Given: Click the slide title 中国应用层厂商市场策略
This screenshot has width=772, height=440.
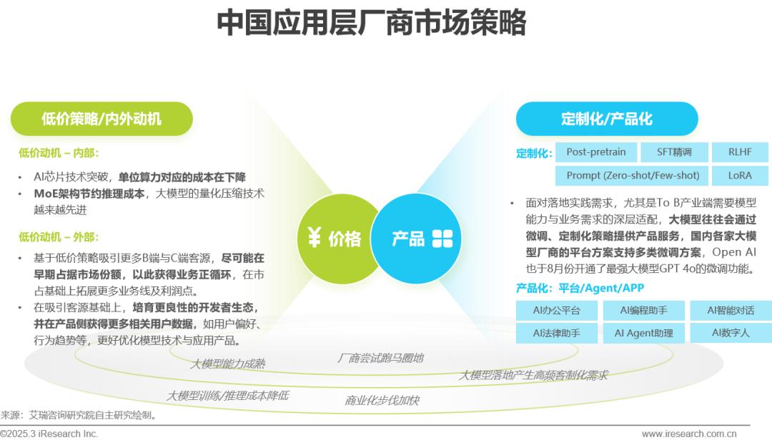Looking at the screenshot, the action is (x=371, y=22).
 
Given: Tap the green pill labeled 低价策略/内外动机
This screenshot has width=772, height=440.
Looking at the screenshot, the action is (x=102, y=119).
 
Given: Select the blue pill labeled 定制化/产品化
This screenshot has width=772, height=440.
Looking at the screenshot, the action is (x=607, y=119).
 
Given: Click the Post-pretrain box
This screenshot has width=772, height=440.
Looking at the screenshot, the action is (x=595, y=152).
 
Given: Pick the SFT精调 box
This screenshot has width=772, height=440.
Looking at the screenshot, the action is (x=674, y=152).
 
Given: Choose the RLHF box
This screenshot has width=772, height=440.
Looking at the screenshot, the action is (x=740, y=152).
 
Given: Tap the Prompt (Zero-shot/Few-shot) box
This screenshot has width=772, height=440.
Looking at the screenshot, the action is (x=633, y=176).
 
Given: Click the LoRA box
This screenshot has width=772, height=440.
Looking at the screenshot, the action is (x=740, y=176).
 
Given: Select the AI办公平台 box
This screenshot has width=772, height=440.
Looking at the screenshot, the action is (x=556, y=311).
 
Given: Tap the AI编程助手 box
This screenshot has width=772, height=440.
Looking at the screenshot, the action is (x=643, y=311).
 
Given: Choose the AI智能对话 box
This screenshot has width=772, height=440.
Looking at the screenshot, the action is (x=731, y=311).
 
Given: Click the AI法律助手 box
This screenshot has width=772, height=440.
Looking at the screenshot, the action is (x=556, y=333).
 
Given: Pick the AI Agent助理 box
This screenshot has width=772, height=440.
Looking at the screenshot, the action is (x=643, y=333).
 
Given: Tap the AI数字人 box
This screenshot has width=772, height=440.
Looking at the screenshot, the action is (x=731, y=333).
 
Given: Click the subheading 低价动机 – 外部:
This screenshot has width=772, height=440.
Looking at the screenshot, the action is (x=59, y=236).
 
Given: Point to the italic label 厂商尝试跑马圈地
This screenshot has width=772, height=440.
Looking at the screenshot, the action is (x=380, y=359).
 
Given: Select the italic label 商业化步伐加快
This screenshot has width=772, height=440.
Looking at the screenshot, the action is (x=382, y=401).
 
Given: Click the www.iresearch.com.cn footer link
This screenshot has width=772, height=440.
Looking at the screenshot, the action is (x=689, y=434).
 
